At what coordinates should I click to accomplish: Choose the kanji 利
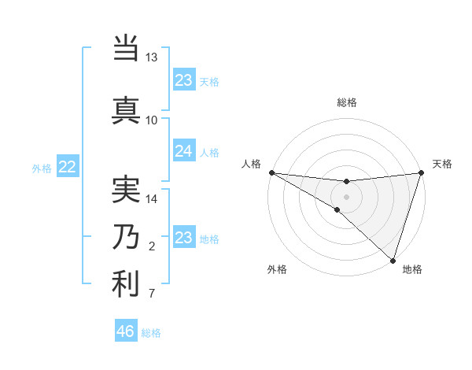pos(126,284)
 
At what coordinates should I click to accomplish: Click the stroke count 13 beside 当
pos(152,57)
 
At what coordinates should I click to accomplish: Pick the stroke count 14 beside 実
pos(152,199)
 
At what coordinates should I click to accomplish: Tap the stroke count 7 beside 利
pos(152,294)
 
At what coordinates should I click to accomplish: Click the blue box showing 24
pos(183,150)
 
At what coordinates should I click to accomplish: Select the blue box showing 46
pos(126,331)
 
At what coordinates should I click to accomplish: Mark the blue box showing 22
pos(68,166)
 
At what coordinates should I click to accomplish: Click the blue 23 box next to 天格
pos(183,80)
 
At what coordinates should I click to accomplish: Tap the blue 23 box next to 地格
pos(183,237)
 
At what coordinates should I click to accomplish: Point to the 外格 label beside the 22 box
pos(42,167)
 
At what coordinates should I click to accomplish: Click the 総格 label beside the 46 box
pos(151,333)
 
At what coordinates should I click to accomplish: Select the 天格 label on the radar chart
pos(442,164)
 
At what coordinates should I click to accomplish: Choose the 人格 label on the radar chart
pos(251,164)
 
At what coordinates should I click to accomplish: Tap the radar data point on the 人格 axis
pos(271,172)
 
